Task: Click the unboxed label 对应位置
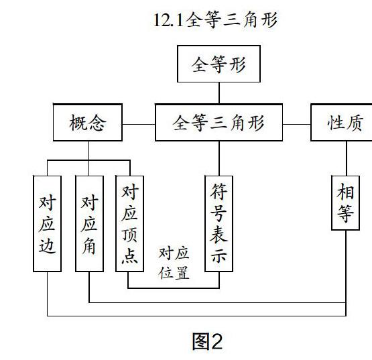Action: click(174, 263)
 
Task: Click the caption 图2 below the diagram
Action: click(207, 341)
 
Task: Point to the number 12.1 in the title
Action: click(169, 20)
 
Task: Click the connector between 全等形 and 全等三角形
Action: click(219, 93)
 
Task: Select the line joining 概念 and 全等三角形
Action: click(139, 124)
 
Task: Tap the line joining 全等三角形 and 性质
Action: click(296, 124)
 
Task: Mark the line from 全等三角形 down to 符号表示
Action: click(219, 158)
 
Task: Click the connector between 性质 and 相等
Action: click(347, 158)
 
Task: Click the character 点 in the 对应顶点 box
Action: click(129, 255)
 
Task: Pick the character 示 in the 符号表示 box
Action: click(219, 255)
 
